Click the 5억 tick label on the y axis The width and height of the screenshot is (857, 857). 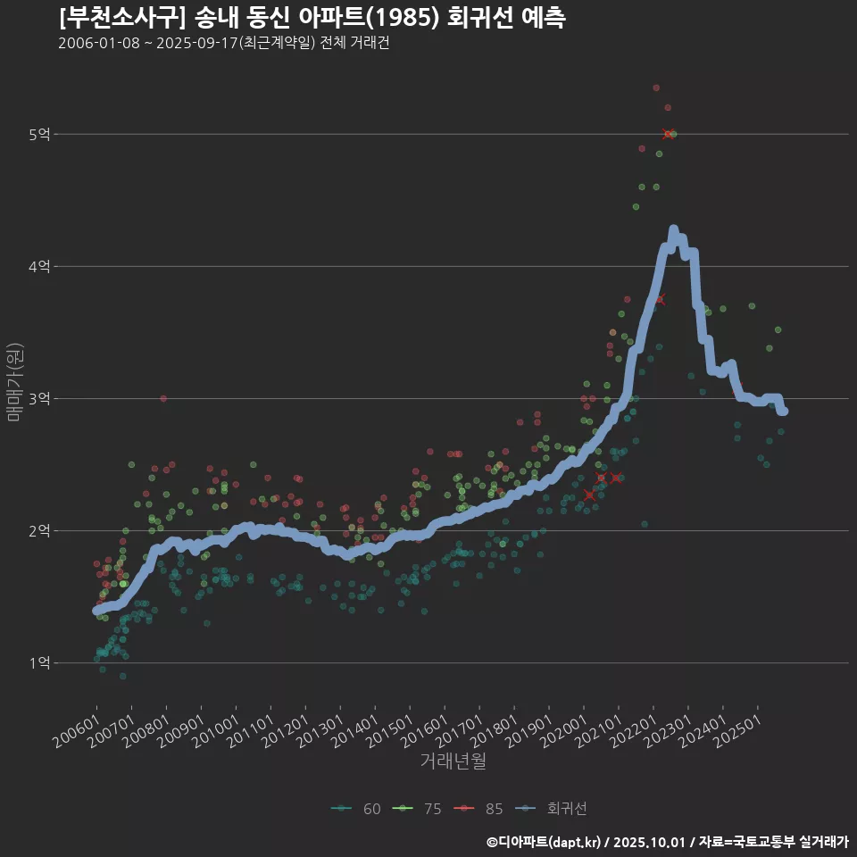point(40,135)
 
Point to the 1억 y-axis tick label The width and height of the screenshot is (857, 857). point(40,663)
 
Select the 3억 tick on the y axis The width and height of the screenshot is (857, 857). point(40,399)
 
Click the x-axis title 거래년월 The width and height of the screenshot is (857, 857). point(453,761)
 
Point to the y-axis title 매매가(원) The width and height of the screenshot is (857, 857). point(15,381)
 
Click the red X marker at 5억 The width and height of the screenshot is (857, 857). point(668,134)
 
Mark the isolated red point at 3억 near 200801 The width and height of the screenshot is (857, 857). point(163,398)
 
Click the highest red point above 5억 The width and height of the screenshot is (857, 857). point(656,87)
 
